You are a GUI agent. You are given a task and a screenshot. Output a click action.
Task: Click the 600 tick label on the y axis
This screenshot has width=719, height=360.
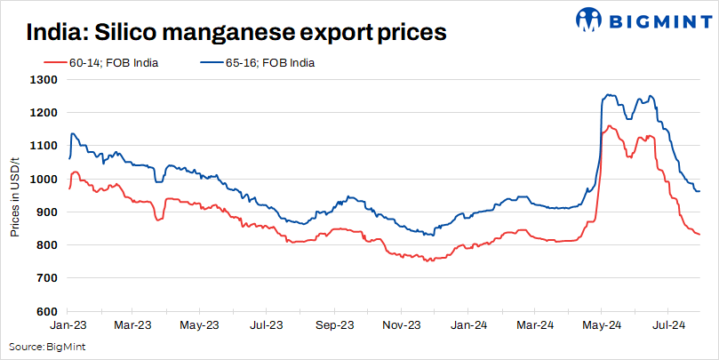47,312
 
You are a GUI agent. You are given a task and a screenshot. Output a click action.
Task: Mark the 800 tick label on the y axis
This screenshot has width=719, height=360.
47,245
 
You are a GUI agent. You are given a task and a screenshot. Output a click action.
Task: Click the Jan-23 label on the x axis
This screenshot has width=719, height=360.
69,325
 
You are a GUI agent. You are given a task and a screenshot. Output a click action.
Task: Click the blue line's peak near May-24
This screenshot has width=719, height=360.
608,94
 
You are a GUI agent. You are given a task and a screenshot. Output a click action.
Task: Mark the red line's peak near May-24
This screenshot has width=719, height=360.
610,126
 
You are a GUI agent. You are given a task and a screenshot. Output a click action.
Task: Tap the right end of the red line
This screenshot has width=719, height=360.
699,235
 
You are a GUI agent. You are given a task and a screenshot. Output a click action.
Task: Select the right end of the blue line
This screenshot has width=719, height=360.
699,191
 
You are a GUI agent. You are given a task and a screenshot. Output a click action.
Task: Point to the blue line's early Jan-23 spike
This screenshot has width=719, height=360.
72,133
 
